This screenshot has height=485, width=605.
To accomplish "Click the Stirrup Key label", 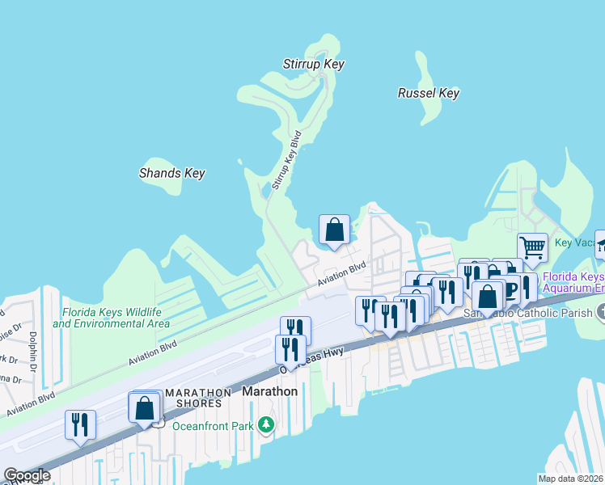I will pyautogui.click(x=314, y=64).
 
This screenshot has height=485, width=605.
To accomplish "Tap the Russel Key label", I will pyautogui.click(x=428, y=93).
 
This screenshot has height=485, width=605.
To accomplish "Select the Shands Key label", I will pyautogui.click(x=171, y=173).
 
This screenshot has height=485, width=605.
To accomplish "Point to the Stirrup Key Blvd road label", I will pyautogui.click(x=286, y=160).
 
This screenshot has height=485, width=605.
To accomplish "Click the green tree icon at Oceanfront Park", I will pyautogui.click(x=266, y=424).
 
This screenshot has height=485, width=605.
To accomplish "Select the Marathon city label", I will pyautogui.click(x=270, y=391).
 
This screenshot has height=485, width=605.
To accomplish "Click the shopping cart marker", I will pyautogui.click(x=532, y=247).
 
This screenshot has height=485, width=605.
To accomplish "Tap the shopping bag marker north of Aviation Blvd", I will pyautogui.click(x=334, y=230).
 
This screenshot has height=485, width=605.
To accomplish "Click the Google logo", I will pyautogui.click(x=27, y=475).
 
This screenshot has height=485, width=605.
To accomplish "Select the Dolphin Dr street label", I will pyautogui.click(x=33, y=347).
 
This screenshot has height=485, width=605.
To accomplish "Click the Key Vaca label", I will pyautogui.click(x=574, y=243).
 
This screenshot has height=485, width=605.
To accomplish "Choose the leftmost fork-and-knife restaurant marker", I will pyautogui.click(x=80, y=424).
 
